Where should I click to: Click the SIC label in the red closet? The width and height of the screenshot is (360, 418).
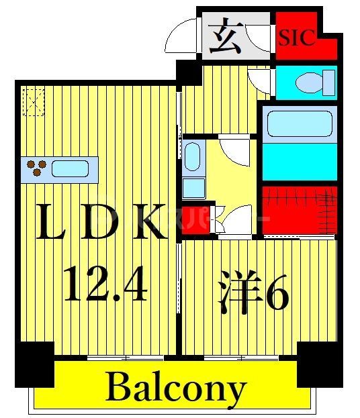coord(297,38)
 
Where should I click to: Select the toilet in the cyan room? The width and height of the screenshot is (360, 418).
coord(311,83)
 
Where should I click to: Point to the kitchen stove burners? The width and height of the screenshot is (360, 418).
coord(36,168)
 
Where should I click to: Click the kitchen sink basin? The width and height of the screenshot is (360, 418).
coord(70,169)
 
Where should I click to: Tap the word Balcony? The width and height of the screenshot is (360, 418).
coord(175,387)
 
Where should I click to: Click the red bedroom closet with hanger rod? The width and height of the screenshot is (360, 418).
coord(299,210)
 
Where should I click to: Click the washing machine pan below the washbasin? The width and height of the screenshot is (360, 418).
coord(191,186)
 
